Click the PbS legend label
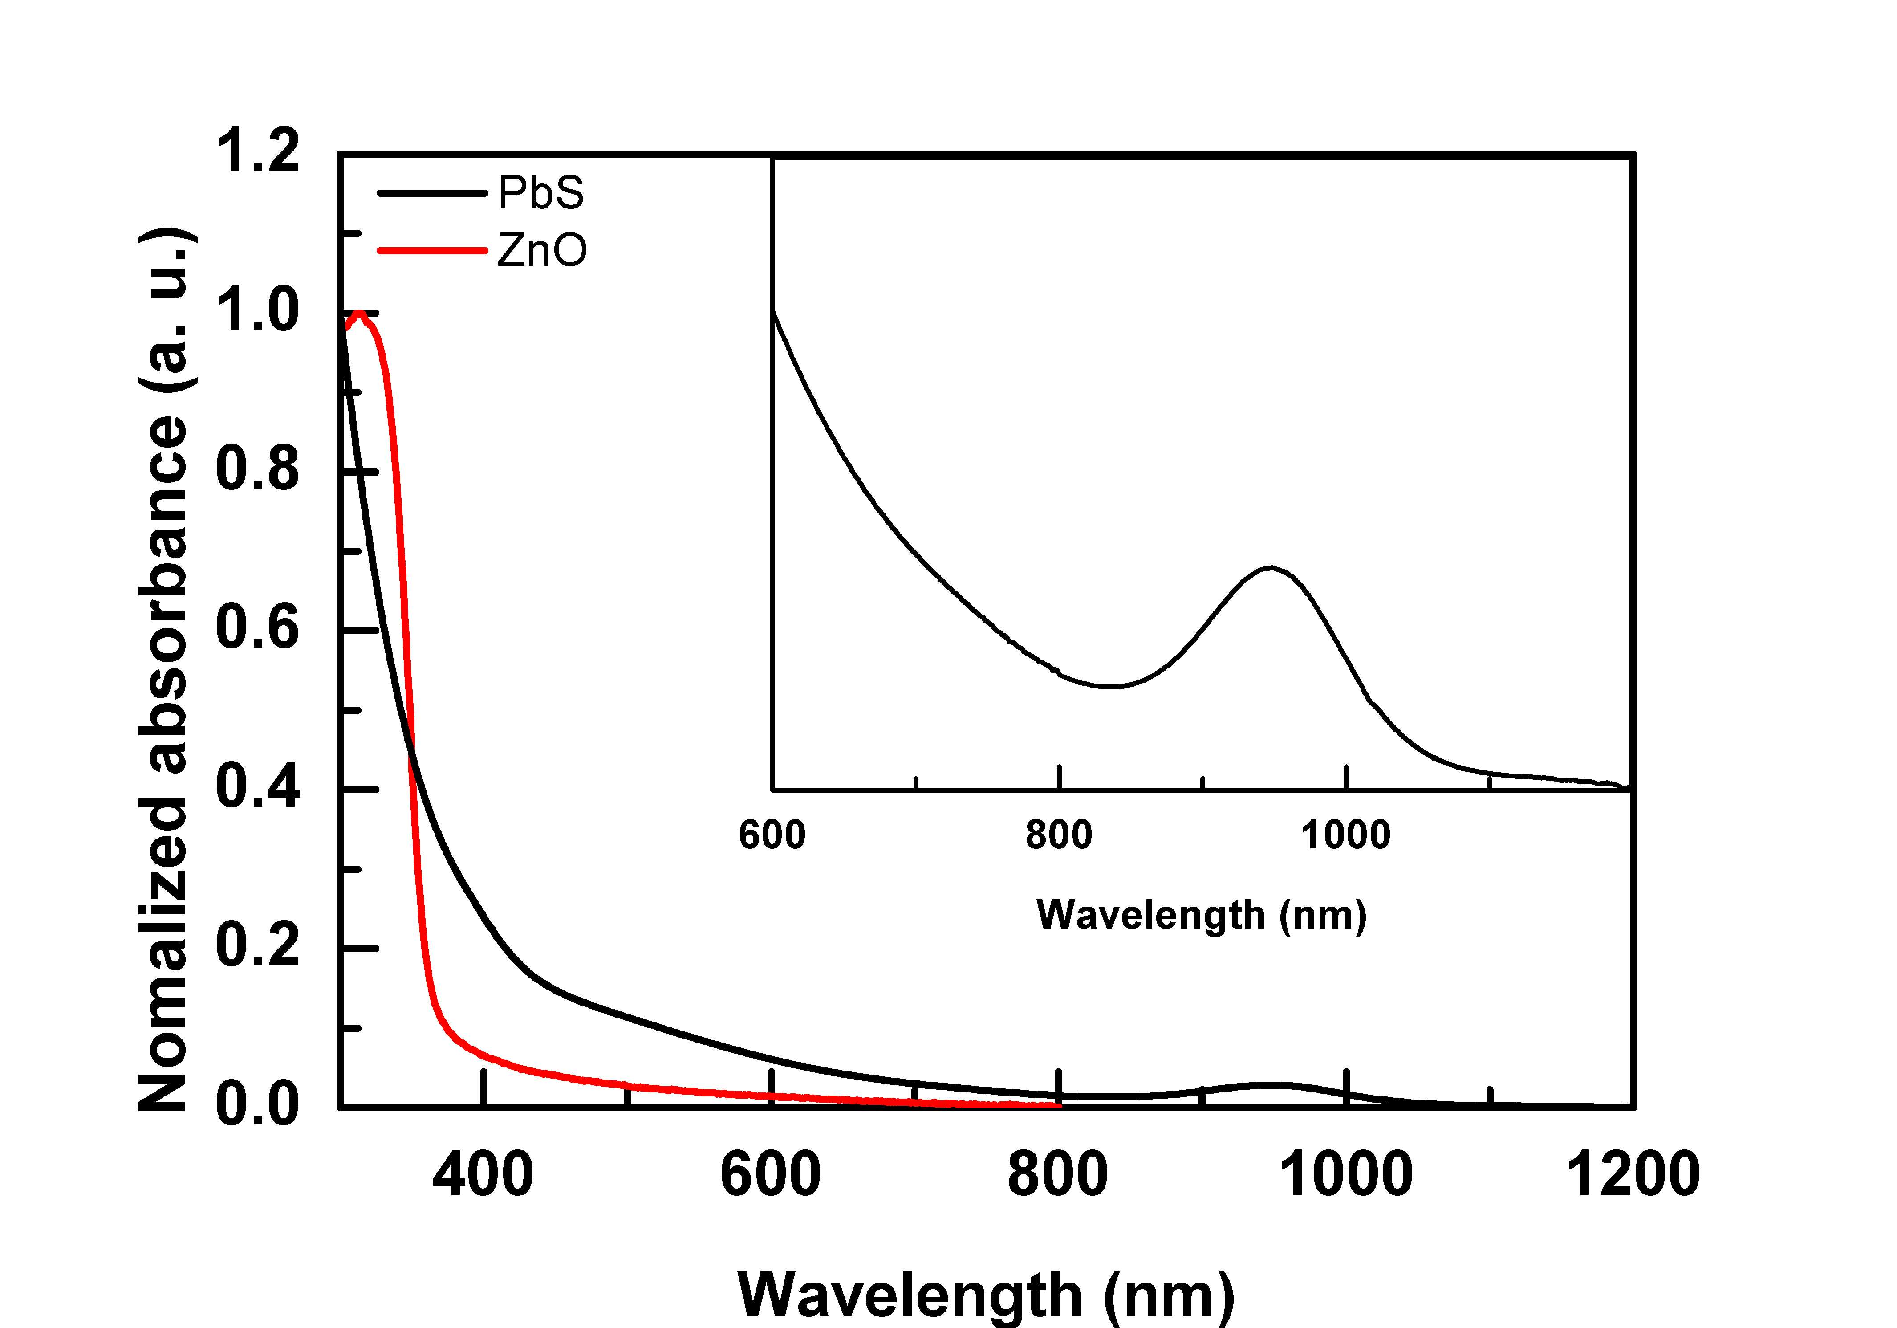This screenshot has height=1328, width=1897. pos(541,193)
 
